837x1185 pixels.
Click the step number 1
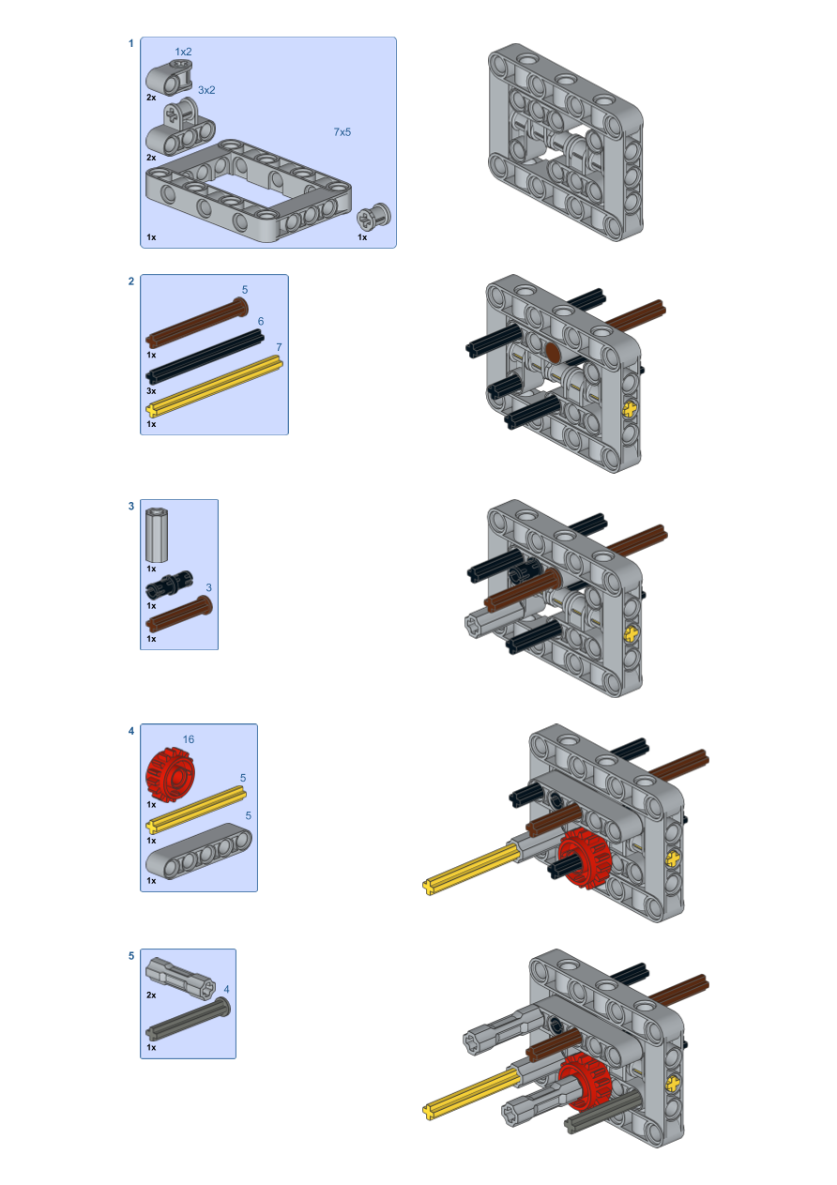point(130,43)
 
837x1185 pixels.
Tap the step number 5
point(131,956)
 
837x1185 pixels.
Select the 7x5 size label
point(342,131)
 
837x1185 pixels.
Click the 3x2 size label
point(206,90)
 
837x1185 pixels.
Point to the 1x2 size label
point(183,52)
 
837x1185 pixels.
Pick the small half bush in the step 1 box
point(373,217)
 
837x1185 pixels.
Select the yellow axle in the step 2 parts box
point(214,387)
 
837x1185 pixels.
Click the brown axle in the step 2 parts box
point(197,322)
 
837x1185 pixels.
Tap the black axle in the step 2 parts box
point(205,356)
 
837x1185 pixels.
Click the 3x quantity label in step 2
point(151,391)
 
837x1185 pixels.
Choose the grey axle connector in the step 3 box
point(157,535)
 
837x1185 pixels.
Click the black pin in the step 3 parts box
point(169,584)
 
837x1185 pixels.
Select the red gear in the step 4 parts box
point(171,774)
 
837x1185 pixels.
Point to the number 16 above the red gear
point(189,739)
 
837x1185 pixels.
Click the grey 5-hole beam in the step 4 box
point(199,851)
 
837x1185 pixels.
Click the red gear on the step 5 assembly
point(586,1081)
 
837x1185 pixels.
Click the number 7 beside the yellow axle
point(279,347)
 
